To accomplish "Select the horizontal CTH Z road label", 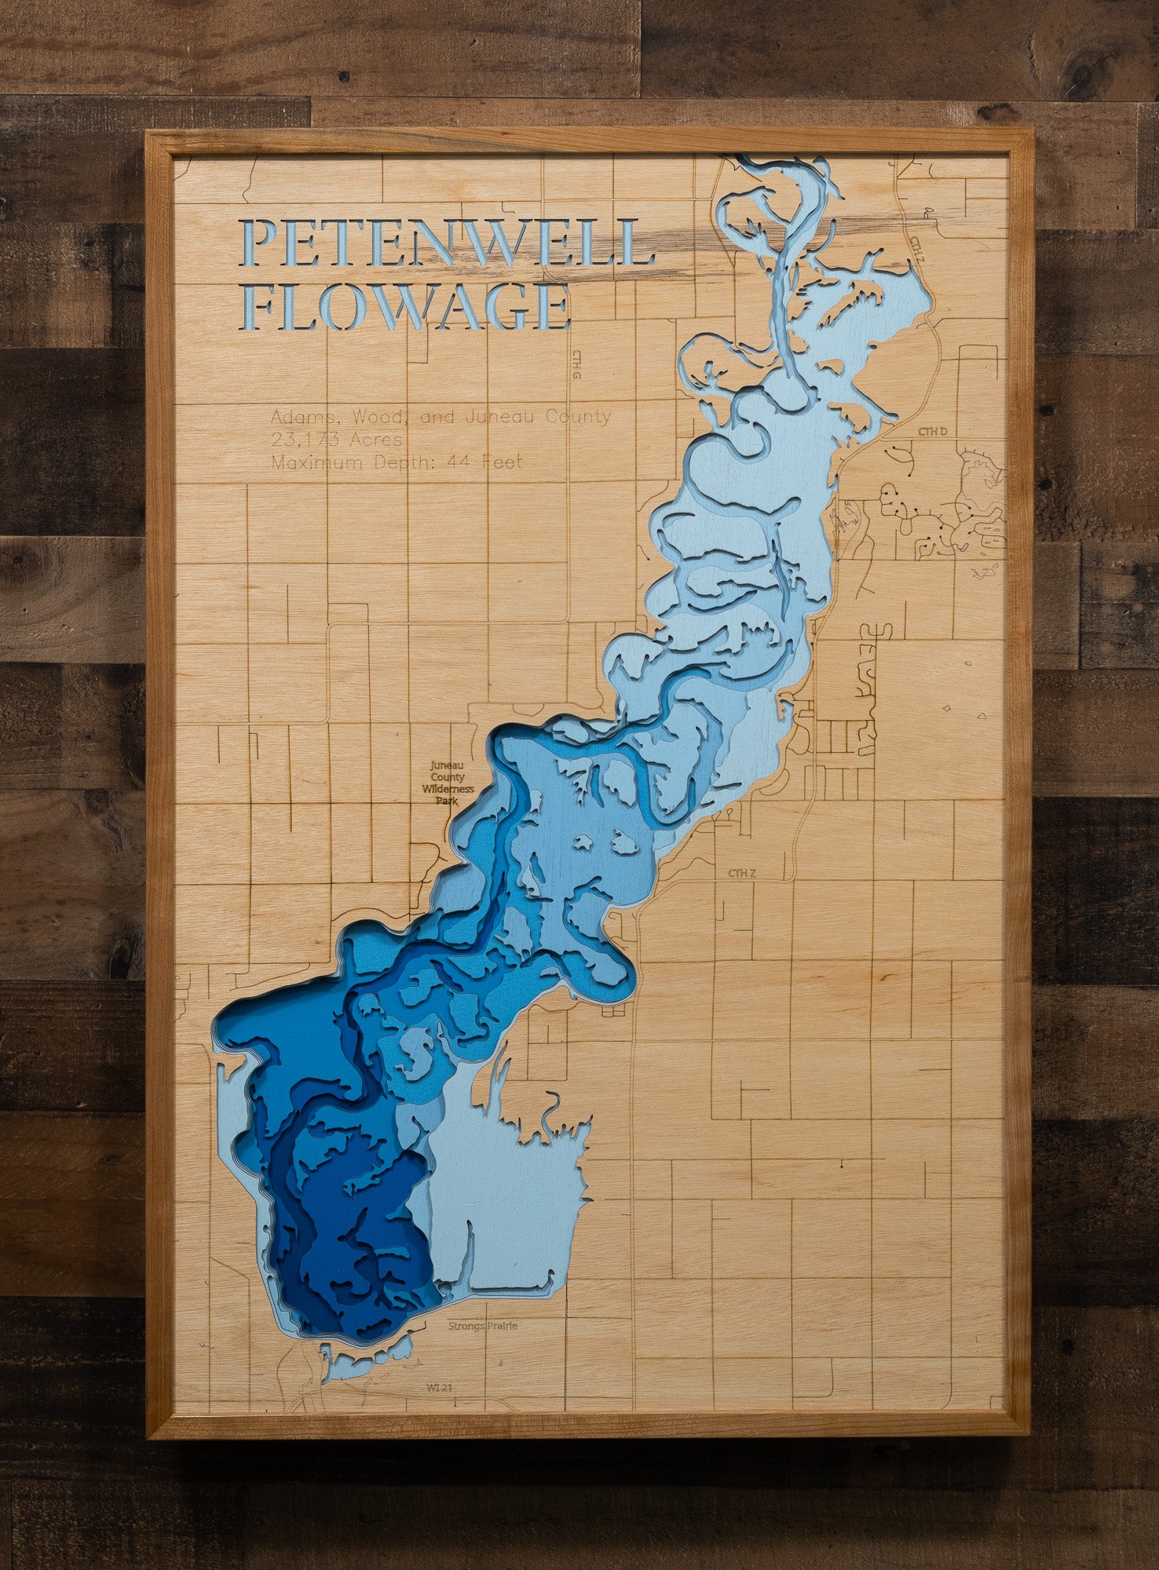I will click(x=741, y=873).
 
